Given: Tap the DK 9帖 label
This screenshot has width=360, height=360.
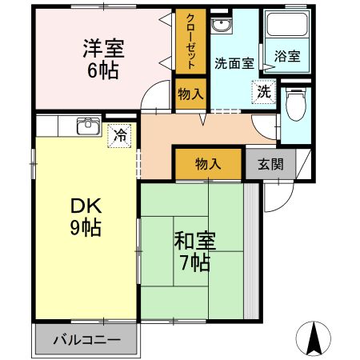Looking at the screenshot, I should (84, 215).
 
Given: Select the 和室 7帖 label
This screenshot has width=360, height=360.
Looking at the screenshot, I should (193, 249).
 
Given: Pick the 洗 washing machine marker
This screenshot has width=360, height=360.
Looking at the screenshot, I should (263, 92).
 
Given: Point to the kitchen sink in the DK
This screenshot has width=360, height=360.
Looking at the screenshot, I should (86, 127).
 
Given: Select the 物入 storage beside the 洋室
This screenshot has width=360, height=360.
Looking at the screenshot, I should (190, 94).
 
